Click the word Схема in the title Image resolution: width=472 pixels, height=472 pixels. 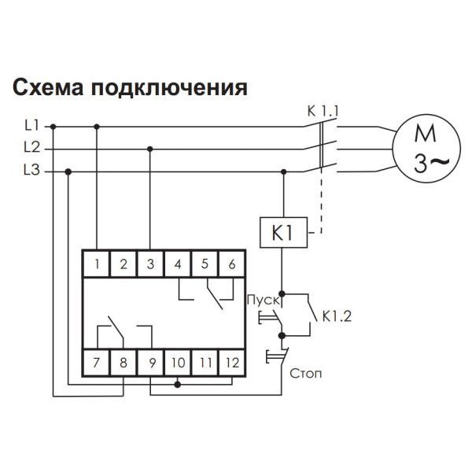(x=47, y=87)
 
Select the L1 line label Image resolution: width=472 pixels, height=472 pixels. (x=31, y=125)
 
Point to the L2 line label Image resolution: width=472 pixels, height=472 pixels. (x=31, y=147)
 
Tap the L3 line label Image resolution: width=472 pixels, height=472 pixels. (x=31, y=170)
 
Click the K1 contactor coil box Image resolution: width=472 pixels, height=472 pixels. (x=282, y=233)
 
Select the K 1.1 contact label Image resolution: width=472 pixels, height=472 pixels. (x=323, y=111)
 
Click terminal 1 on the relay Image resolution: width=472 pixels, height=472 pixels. (x=97, y=264)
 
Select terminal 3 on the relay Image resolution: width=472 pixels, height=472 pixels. (x=150, y=264)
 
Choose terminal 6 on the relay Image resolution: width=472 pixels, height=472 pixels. (x=231, y=264)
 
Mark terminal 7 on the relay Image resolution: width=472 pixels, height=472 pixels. (x=97, y=363)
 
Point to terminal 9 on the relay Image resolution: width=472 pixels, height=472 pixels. (x=150, y=363)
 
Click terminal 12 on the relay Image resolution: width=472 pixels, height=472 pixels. (x=231, y=363)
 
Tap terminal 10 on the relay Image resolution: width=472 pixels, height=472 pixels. (x=178, y=363)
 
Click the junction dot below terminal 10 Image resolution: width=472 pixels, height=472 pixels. (x=178, y=385)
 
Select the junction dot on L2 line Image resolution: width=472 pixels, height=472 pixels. (x=150, y=148)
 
